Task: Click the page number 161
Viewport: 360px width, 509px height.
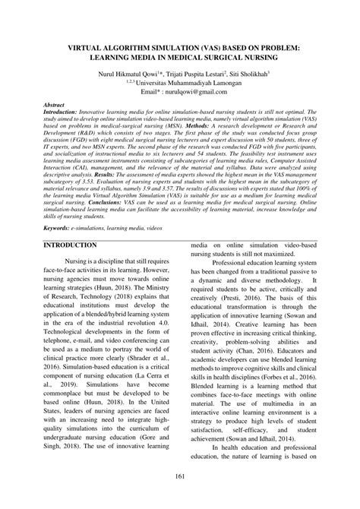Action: pos(180,498)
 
